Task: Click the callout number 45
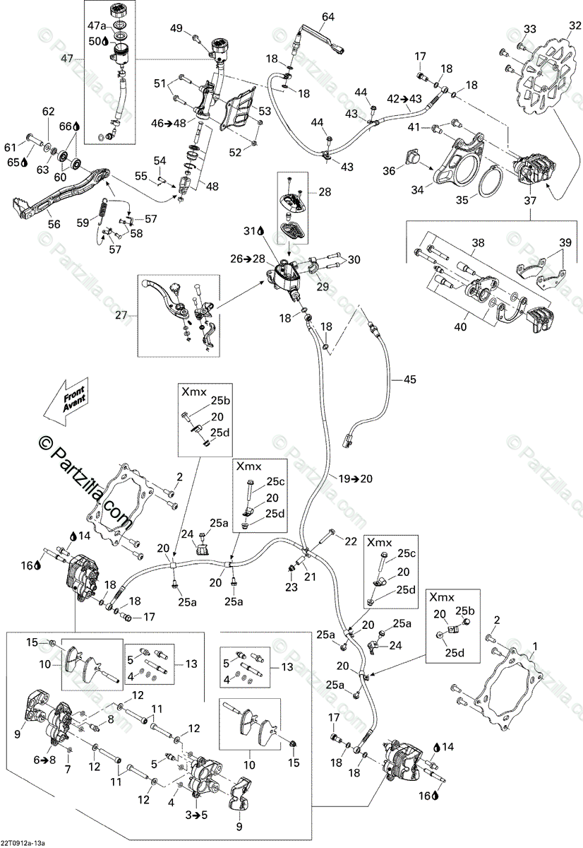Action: pyautogui.click(x=409, y=379)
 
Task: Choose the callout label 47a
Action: pyautogui.click(x=97, y=25)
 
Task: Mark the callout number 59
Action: pyautogui.click(x=84, y=223)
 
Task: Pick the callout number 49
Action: pyautogui.click(x=176, y=28)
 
